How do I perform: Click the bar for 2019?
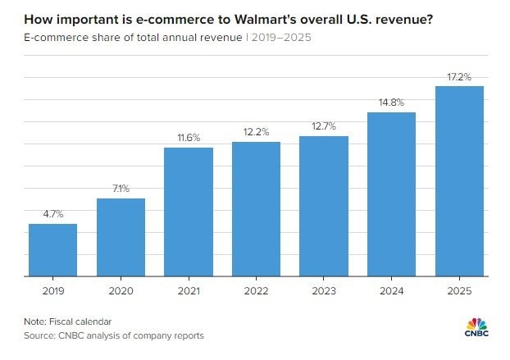click(52, 250)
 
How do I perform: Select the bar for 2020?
click(121, 238)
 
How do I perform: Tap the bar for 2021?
click(189, 212)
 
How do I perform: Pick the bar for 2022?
click(256, 209)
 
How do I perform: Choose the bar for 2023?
click(324, 207)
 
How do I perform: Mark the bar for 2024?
click(391, 194)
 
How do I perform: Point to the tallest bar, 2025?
click(459, 181)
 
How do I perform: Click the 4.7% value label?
click(52, 214)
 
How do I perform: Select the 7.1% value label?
click(121, 189)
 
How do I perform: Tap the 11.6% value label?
click(189, 138)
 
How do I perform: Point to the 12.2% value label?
click(256, 132)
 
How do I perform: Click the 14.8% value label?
click(391, 103)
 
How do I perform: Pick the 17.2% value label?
click(459, 76)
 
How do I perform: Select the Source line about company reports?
click(114, 335)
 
